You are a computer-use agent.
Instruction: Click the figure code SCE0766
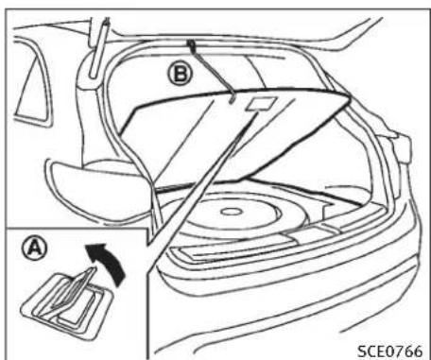389,345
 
